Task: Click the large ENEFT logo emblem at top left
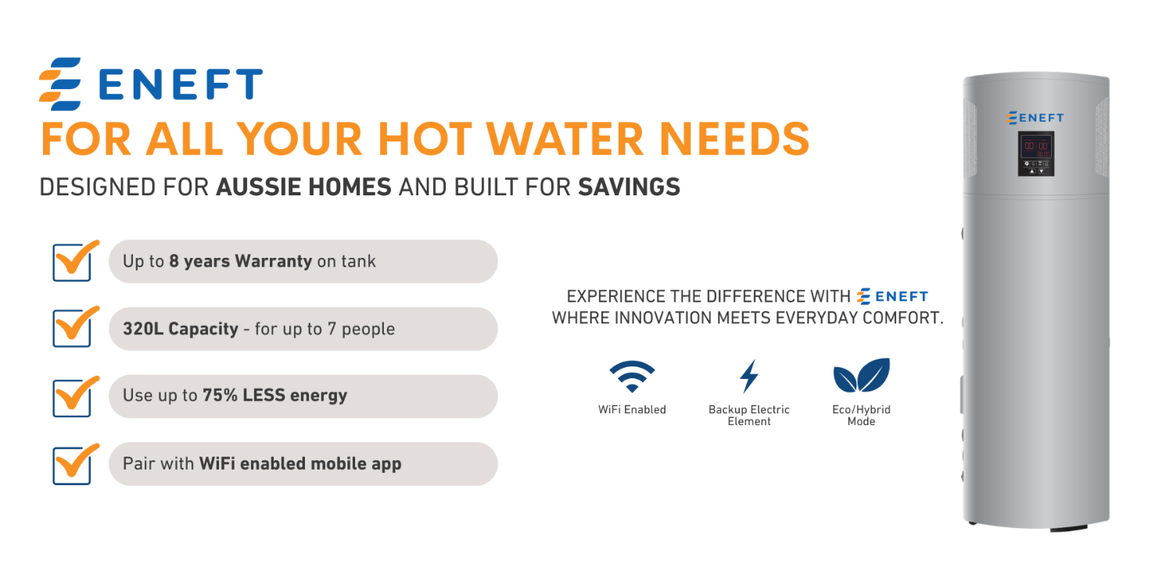pos(60,84)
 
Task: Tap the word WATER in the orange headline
pos(565,139)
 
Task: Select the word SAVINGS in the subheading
pos(629,187)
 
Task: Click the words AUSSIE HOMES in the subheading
pos(303,187)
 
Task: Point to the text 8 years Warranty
pos(240,261)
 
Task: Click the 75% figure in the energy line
pos(220,395)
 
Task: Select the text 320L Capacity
pos(181,329)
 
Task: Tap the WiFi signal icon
pos(632,376)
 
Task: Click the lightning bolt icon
pos(749,376)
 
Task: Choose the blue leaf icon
pos(862,375)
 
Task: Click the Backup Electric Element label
pos(749,416)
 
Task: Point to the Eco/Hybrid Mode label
pos(862,416)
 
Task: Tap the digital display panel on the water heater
pos(1036,154)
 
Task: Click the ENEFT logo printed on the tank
pos(1035,118)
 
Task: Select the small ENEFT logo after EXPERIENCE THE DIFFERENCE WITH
pos(892,296)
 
